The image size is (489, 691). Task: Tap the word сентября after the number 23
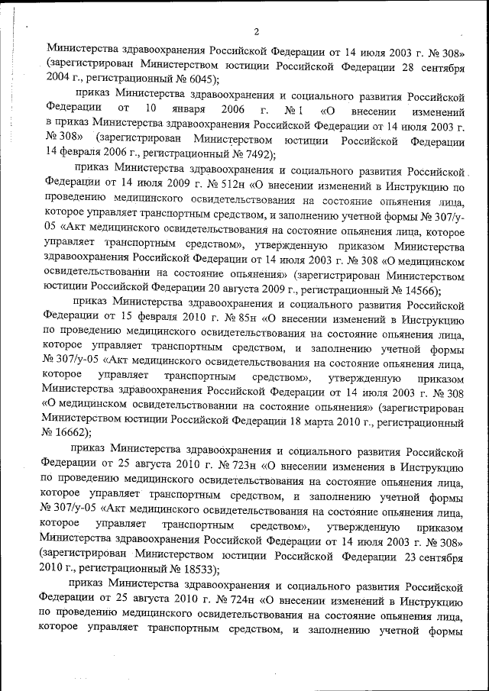click(x=440, y=557)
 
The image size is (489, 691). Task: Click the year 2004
click(x=60, y=79)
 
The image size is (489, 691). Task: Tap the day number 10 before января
click(x=151, y=109)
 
